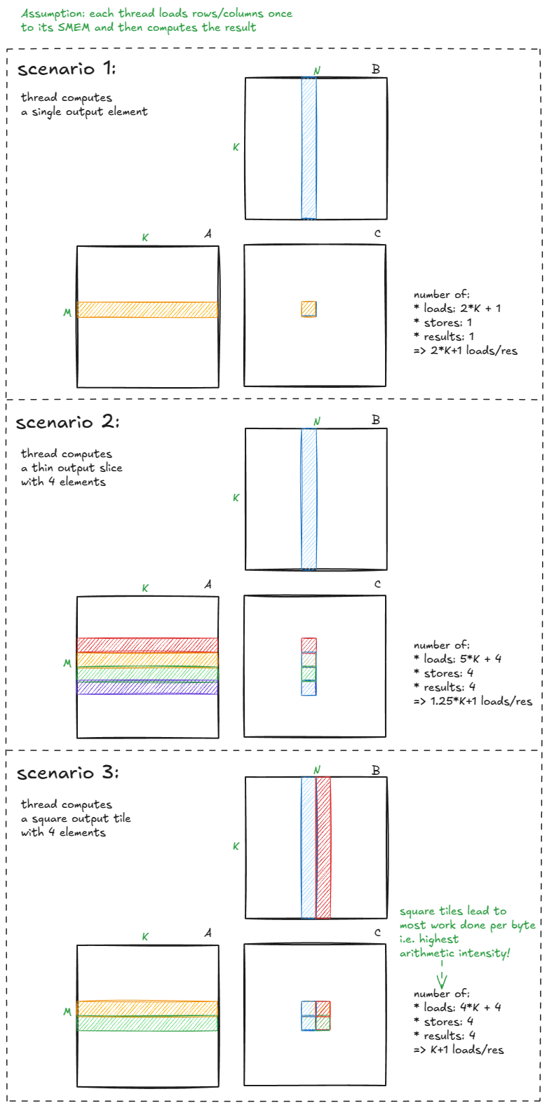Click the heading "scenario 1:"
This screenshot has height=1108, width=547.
(67, 69)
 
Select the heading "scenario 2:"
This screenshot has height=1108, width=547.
(67, 422)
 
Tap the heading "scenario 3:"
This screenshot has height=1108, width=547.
(67, 773)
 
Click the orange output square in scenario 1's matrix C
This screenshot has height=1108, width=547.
(309, 309)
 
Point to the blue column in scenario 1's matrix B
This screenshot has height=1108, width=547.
(309, 148)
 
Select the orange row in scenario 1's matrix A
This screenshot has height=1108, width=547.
(147, 309)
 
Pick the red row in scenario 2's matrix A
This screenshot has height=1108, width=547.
(147, 644)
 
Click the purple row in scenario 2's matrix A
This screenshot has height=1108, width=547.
(147, 688)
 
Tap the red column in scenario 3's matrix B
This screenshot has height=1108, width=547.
(323, 847)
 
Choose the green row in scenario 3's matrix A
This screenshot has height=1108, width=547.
(147, 1023)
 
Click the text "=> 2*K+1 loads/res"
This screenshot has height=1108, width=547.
(466, 351)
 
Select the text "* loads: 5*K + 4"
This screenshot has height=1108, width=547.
(457, 659)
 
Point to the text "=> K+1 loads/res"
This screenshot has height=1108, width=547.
(459, 1050)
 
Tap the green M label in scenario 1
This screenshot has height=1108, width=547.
(67, 313)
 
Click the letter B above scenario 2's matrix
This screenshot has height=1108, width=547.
(376, 420)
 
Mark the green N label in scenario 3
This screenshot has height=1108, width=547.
(317, 770)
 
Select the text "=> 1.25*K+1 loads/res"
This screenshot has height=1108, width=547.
(473, 701)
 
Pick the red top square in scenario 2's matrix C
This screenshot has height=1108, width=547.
(309, 644)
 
